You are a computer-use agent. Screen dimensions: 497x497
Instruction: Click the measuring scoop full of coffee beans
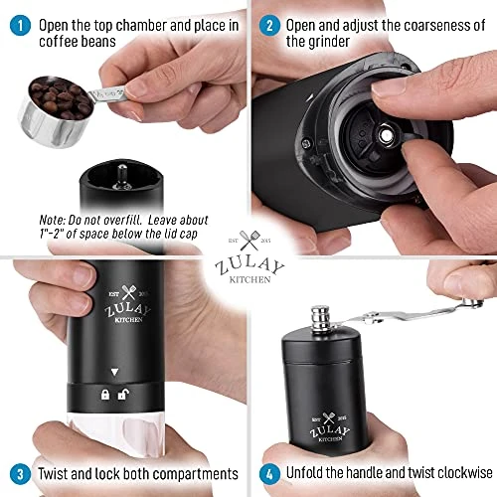(55, 103)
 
